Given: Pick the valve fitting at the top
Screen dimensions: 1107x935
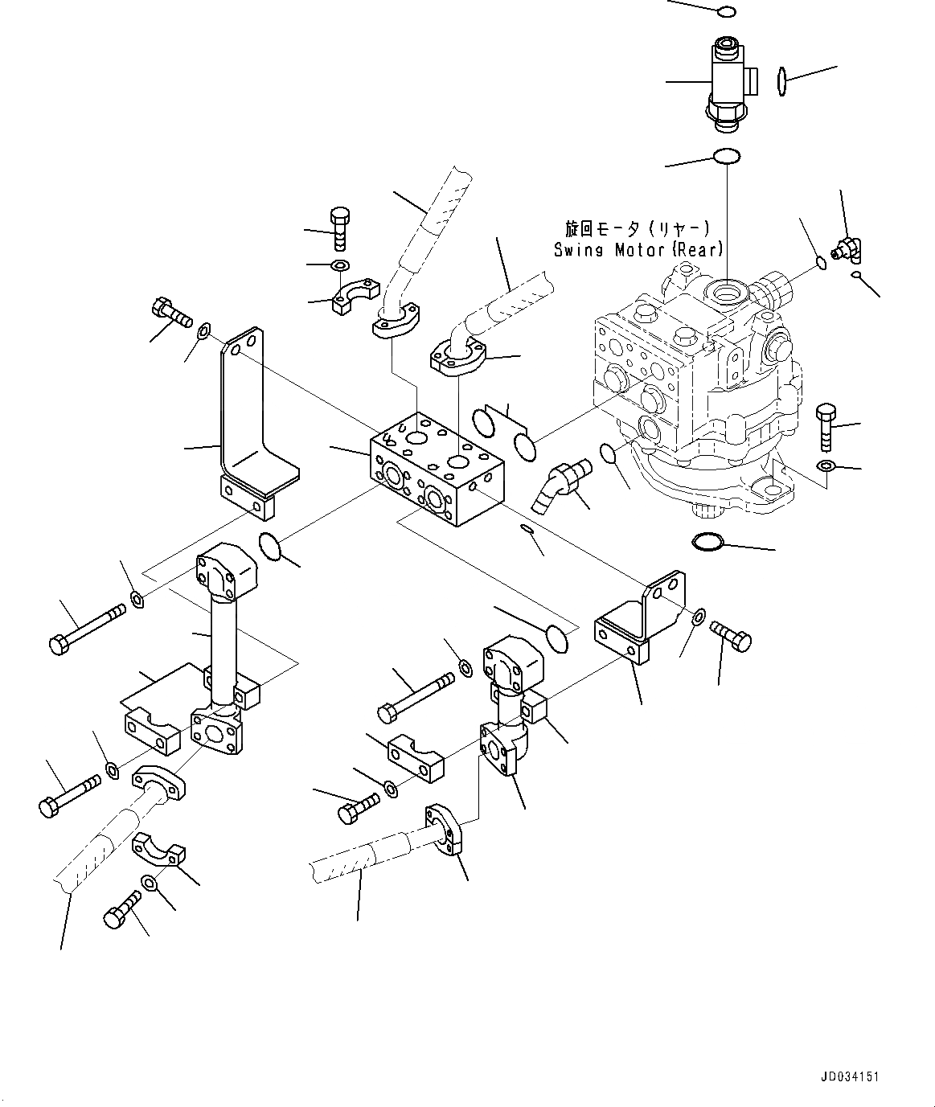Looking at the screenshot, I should [728, 81].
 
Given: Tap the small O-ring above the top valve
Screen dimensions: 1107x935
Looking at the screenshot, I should [725, 11].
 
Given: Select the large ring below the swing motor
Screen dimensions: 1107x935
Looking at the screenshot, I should [707, 543].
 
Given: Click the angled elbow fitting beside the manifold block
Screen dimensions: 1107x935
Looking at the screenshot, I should [556, 486].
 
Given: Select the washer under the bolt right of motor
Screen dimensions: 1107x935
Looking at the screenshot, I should [826, 466].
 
